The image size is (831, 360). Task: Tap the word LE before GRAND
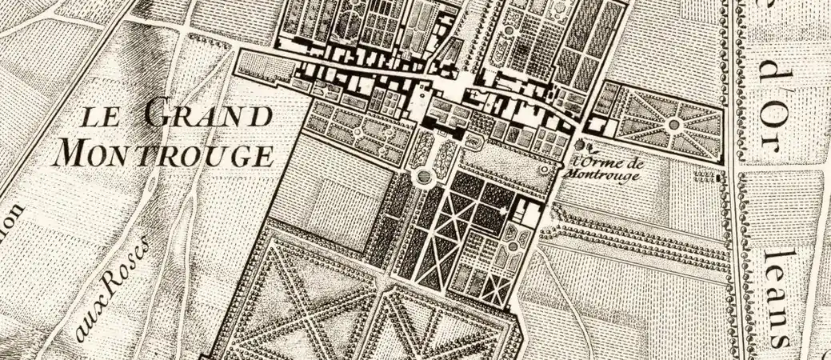102,118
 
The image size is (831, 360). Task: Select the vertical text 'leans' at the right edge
775,296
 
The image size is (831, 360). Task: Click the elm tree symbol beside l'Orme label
582,145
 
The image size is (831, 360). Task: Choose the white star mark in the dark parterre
502,210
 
